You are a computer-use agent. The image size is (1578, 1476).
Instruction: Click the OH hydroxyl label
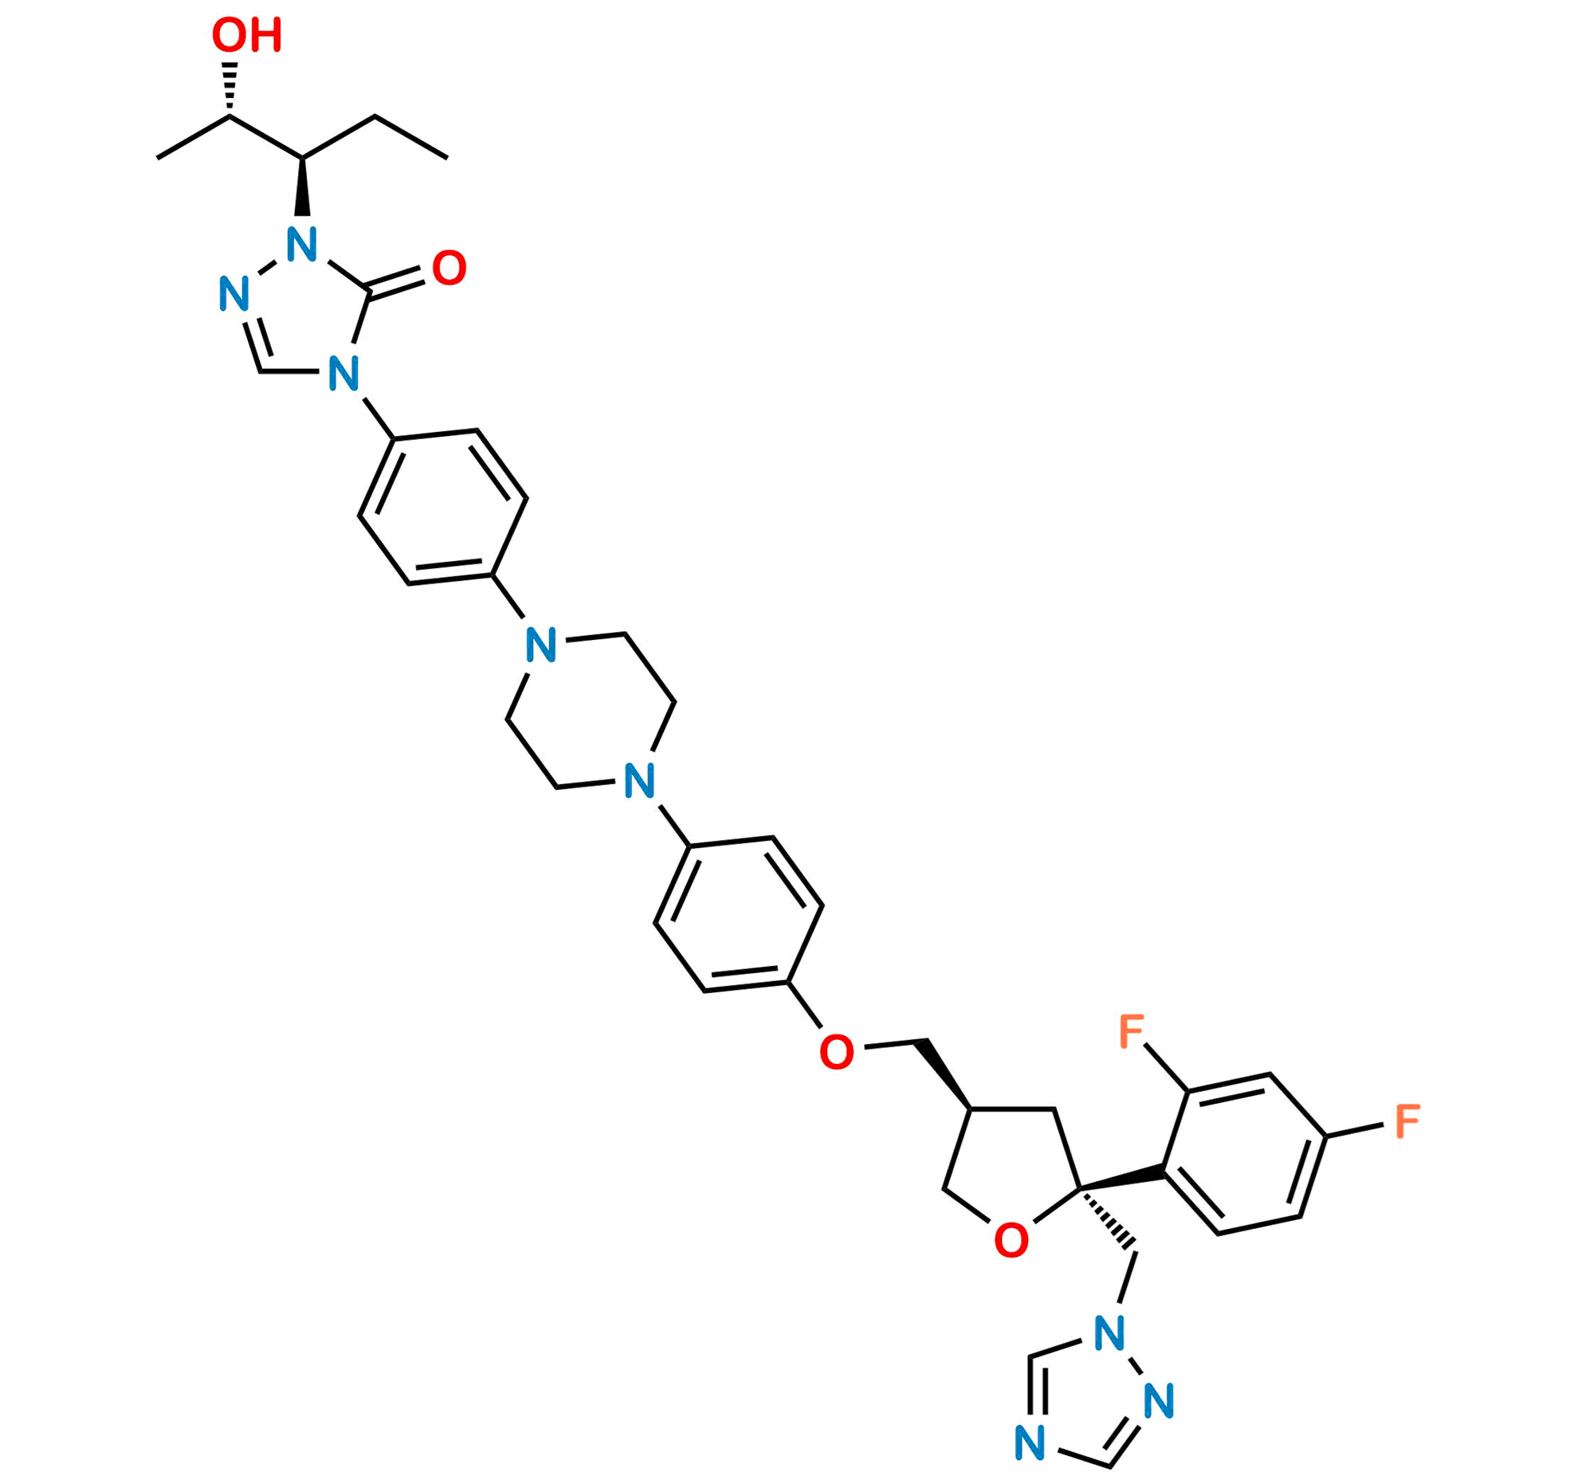(246, 37)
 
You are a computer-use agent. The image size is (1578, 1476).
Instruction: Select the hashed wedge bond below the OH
(230, 86)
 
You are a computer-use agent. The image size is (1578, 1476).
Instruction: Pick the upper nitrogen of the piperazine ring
(541, 645)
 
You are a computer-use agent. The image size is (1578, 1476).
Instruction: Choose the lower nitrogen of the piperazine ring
(640, 780)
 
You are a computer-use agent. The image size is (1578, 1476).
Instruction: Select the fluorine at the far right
(1406, 1121)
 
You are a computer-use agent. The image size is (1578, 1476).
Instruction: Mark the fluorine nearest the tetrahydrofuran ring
(1132, 1032)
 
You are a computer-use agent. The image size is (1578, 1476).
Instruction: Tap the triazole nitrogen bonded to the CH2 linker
(1109, 1333)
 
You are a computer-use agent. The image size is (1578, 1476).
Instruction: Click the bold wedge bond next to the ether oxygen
(944, 1072)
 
